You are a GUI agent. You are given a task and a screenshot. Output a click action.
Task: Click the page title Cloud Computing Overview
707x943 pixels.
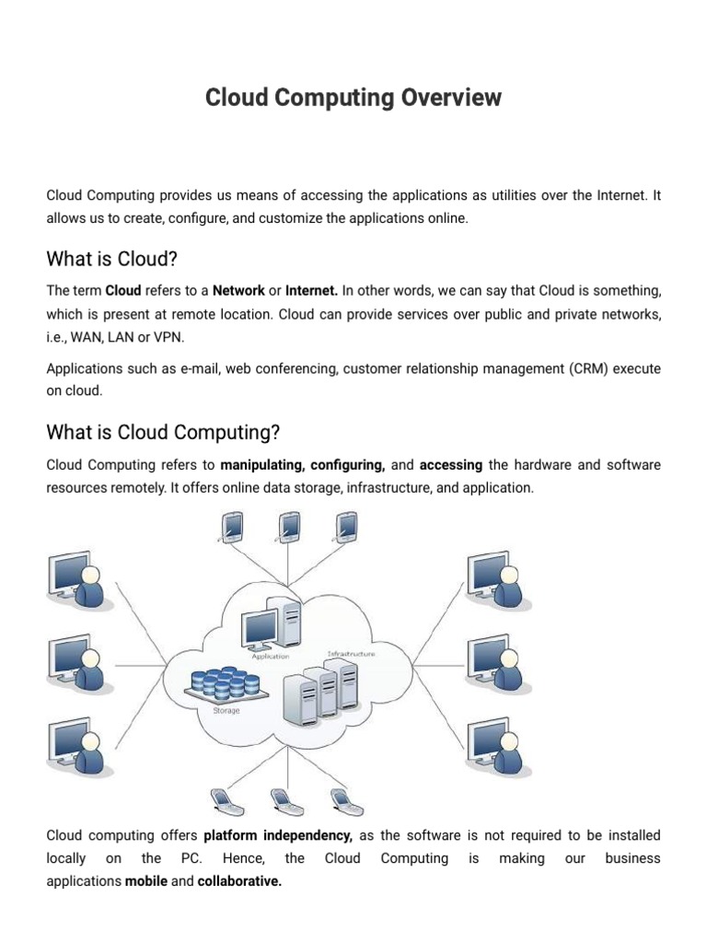coord(353,98)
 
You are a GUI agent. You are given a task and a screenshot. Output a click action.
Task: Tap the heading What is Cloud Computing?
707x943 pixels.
coord(163,432)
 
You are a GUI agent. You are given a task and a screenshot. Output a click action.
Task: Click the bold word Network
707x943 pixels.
coord(238,291)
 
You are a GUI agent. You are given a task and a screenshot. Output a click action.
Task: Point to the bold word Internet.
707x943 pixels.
coord(312,291)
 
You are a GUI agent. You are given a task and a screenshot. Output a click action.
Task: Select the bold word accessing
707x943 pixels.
coord(451,465)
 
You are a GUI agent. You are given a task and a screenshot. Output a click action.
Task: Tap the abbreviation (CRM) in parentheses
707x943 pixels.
coord(583,368)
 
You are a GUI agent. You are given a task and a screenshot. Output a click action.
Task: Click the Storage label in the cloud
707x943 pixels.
coord(226,710)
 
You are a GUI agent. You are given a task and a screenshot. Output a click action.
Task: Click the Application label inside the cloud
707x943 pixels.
coord(271,656)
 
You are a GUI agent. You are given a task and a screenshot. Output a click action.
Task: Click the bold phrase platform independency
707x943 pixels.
coord(278,836)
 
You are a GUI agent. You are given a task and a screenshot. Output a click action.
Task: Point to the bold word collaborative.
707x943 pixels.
coord(239,881)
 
